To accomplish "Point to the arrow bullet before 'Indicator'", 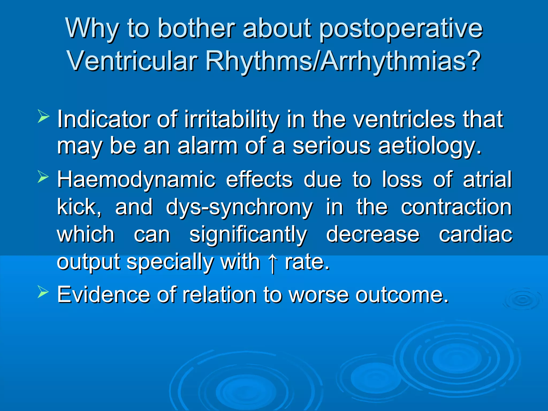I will pos(43,116).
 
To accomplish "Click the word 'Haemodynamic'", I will pos(136,180).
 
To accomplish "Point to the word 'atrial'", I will pos(487,179).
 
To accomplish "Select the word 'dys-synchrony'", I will pos(239,208).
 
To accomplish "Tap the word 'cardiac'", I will pos(475,234).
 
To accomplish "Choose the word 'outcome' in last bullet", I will pos(401,295).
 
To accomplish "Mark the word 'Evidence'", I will pos(104,295).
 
